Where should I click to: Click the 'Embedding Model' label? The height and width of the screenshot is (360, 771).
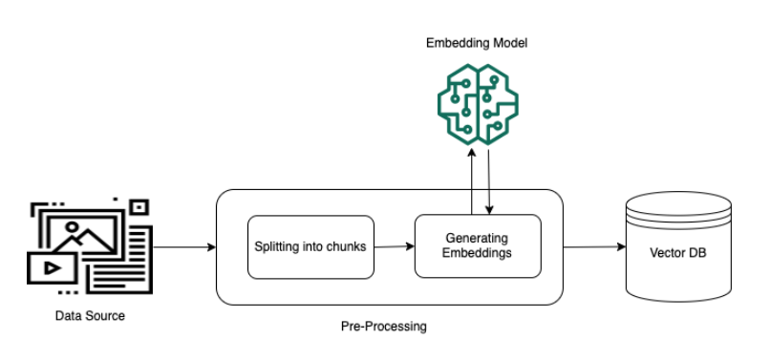coord(477,43)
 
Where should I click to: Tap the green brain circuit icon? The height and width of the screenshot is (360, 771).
coord(478,104)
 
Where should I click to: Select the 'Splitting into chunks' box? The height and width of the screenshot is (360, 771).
coord(311,247)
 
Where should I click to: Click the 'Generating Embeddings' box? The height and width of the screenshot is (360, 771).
coord(478,246)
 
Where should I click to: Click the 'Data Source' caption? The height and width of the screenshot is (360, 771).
coord(90,316)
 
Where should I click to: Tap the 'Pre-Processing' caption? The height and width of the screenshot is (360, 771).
coord(383,327)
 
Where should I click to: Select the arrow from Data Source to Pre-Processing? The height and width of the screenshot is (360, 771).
coord(184,247)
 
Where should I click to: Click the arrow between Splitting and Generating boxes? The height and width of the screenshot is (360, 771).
coord(395,246)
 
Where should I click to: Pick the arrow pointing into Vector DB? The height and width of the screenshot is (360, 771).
coord(594,246)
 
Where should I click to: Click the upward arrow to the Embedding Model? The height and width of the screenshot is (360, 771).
coord(472,181)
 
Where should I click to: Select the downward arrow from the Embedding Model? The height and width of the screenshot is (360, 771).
coord(489,182)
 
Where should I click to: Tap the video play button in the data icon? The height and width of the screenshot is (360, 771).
coord(53,267)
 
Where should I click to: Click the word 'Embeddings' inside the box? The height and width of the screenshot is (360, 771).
coord(477,253)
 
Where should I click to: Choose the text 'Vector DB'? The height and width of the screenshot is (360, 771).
coord(678,253)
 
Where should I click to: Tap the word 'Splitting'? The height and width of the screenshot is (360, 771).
coord(272,246)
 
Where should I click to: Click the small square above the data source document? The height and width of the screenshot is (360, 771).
coord(139,207)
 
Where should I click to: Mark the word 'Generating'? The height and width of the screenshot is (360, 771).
coord(477,239)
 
